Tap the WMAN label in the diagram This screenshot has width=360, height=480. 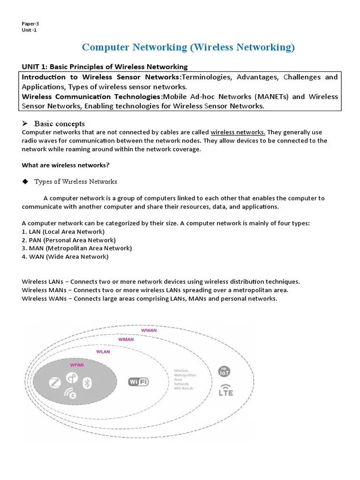click(x=126, y=339)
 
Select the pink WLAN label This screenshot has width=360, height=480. click(x=103, y=352)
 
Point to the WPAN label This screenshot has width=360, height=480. click(x=77, y=364)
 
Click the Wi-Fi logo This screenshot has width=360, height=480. click(x=139, y=382)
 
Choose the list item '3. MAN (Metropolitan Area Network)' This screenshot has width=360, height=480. click(x=77, y=248)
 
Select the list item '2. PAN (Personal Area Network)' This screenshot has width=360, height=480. click(x=69, y=240)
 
